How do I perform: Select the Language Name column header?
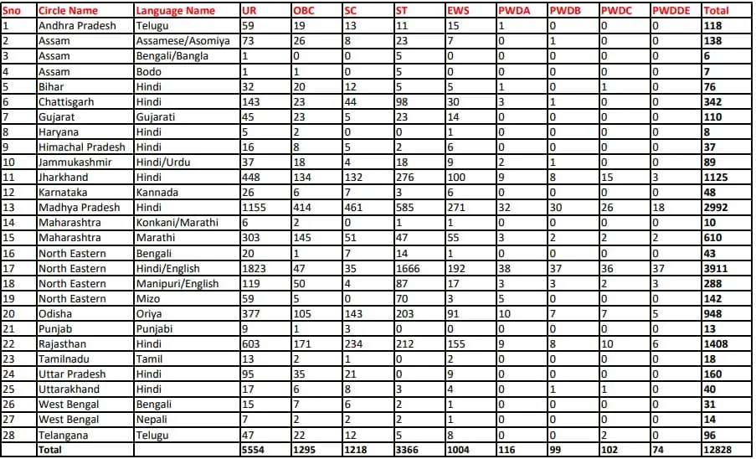click(x=176, y=11)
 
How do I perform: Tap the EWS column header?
click(x=459, y=11)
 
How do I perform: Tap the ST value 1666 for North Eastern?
click(x=411, y=268)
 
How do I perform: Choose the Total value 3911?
click(x=717, y=268)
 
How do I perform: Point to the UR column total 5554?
click(x=254, y=450)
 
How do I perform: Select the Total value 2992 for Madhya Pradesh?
click(x=717, y=207)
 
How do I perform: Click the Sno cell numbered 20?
click(x=9, y=313)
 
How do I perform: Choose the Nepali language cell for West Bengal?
click(x=154, y=420)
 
